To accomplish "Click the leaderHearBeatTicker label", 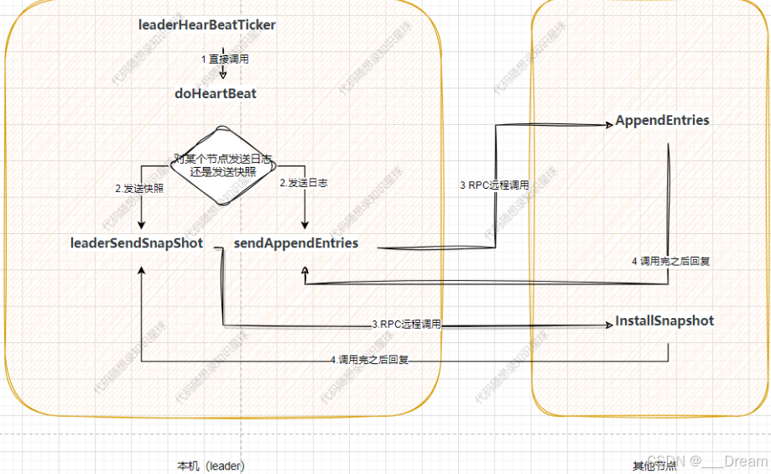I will [207, 25].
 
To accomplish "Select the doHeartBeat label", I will [216, 93].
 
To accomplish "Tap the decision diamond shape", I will [222, 164].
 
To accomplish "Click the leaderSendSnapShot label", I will [137, 243].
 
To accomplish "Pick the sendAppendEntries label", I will [296, 243].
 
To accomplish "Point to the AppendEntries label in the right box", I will [662, 120].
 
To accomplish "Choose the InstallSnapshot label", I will [664, 320].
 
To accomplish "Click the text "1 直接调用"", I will [225, 60].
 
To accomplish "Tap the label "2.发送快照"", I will [139, 189].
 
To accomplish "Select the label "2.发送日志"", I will [303, 182].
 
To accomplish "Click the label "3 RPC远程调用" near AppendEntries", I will [494, 185].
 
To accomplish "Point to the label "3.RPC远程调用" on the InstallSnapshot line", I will [406, 325].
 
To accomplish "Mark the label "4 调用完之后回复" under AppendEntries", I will [670, 261].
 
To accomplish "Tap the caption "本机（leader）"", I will [211, 465].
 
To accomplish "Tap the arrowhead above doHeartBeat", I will [223, 74].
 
